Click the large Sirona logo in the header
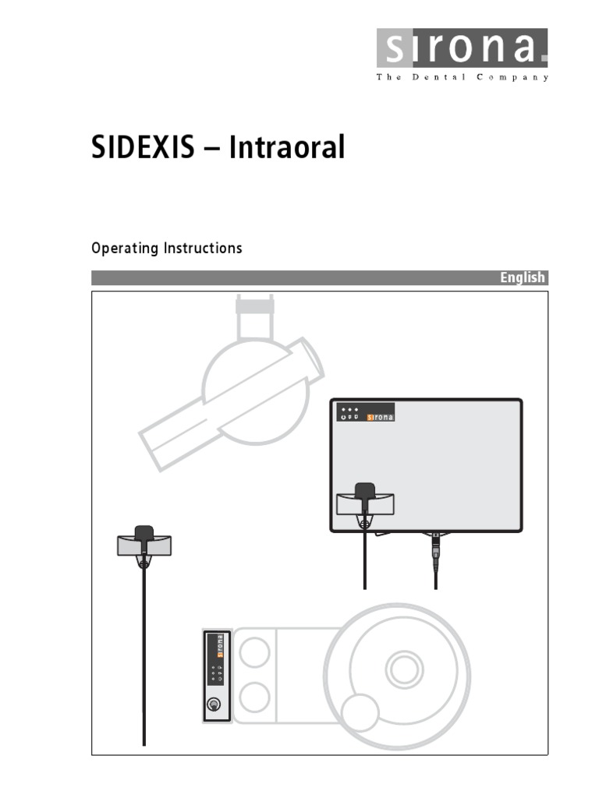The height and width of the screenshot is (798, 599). [x=463, y=48]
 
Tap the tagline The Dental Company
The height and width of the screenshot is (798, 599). [x=463, y=77]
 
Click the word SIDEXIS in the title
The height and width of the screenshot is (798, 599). [x=144, y=147]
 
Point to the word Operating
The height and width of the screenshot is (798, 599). [x=124, y=249]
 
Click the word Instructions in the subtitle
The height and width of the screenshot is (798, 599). [x=203, y=249]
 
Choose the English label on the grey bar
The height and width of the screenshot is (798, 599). [x=523, y=278]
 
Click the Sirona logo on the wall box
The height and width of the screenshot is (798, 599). [x=380, y=417]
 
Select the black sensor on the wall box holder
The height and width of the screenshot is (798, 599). [x=364, y=492]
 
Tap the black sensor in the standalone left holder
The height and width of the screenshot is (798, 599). [x=144, y=534]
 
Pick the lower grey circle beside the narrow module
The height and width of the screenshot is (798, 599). [x=253, y=697]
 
